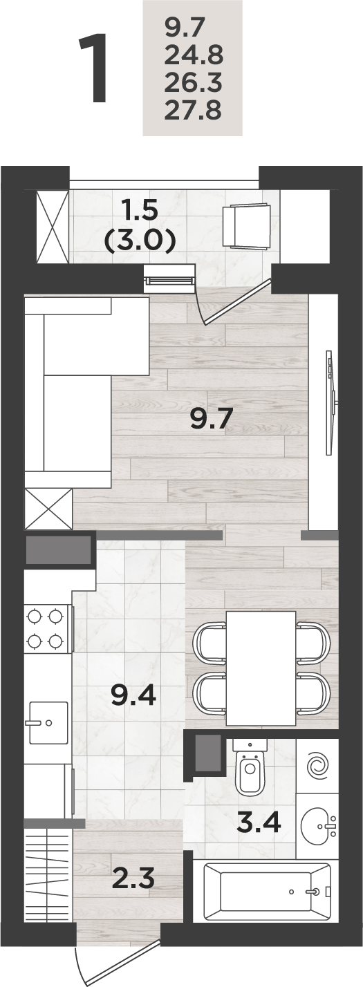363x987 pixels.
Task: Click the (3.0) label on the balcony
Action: pos(140,241)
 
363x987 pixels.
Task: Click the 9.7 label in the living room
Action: pos(211,419)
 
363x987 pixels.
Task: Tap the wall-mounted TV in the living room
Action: pos(331,402)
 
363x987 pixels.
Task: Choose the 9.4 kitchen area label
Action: pos(133,696)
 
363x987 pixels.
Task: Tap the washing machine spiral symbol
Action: pos(317,764)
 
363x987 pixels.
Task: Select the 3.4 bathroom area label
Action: pos(259,822)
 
